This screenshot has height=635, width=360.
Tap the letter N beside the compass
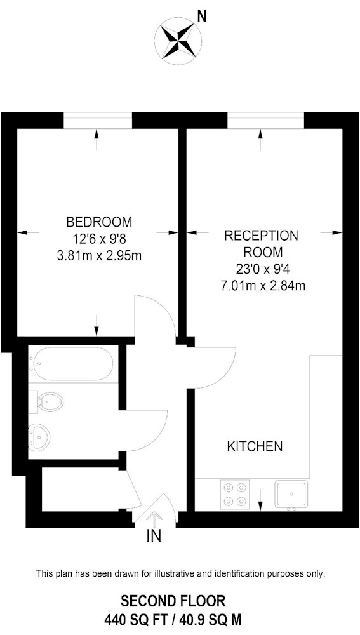[x=202, y=17]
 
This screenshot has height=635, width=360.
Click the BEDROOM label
[x=99, y=222]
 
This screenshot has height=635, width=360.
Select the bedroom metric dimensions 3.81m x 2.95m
[x=99, y=256]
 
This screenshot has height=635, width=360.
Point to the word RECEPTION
[x=261, y=236]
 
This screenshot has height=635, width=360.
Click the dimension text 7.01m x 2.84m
[x=262, y=286]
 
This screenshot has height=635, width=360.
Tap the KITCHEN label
[x=255, y=446]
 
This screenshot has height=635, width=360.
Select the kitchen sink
[x=291, y=493]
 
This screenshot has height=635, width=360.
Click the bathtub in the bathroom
[x=73, y=364]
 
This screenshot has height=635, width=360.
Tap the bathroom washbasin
[x=39, y=436]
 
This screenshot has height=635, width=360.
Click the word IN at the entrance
[x=154, y=536]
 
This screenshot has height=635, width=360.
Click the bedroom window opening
[x=98, y=121]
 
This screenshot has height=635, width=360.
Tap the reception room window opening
[x=265, y=121]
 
